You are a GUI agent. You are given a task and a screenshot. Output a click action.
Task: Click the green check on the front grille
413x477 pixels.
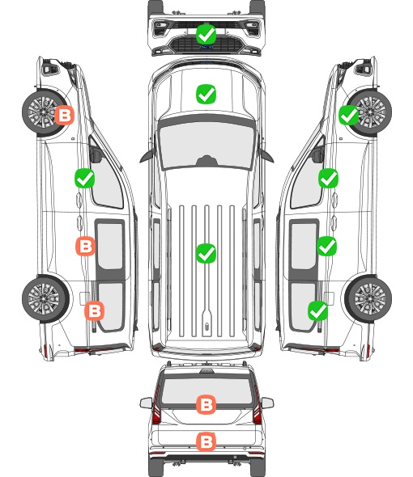pyautogui.click(x=206, y=34)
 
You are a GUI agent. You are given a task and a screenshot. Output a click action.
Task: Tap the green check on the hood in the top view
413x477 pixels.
pyautogui.click(x=206, y=94)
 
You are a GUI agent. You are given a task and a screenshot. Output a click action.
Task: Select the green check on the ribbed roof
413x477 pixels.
pyautogui.click(x=206, y=253)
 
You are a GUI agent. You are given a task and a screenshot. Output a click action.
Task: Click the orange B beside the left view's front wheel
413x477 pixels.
pyautogui.click(x=64, y=116)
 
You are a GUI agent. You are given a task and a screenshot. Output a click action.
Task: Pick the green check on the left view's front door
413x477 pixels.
pyautogui.click(x=84, y=178)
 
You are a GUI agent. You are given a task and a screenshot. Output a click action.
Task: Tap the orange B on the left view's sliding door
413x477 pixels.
pyautogui.click(x=85, y=246)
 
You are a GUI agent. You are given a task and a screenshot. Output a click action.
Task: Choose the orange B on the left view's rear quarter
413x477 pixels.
pyautogui.click(x=94, y=310)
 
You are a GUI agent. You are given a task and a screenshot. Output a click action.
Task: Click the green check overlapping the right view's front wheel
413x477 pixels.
pyautogui.click(x=349, y=116)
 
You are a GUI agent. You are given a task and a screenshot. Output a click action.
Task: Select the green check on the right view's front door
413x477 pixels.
pyautogui.click(x=328, y=178)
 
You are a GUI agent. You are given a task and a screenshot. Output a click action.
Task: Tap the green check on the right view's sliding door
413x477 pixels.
pyautogui.click(x=326, y=246)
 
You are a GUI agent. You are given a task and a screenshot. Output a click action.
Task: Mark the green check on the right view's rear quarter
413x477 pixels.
pyautogui.click(x=318, y=310)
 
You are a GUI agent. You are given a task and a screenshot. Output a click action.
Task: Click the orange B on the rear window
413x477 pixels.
pyautogui.click(x=206, y=404)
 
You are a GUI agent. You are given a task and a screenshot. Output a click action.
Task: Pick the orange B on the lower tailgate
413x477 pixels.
pyautogui.click(x=206, y=441)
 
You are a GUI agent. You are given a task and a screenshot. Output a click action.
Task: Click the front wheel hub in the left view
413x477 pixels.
pyautogui.click(x=43, y=112)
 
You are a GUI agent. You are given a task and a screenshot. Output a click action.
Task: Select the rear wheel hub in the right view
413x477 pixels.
pyautogui.click(x=370, y=299)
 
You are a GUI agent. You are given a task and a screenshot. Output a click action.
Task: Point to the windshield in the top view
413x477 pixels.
pyautogui.click(x=206, y=145)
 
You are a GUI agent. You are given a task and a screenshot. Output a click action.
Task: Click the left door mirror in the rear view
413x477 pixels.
pyautogui.click(x=146, y=403)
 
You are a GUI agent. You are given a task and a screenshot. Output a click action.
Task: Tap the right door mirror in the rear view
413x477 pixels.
pyautogui.click(x=267, y=403)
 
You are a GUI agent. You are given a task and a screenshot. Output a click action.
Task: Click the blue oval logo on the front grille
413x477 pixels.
pyautogui.click(x=206, y=47)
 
